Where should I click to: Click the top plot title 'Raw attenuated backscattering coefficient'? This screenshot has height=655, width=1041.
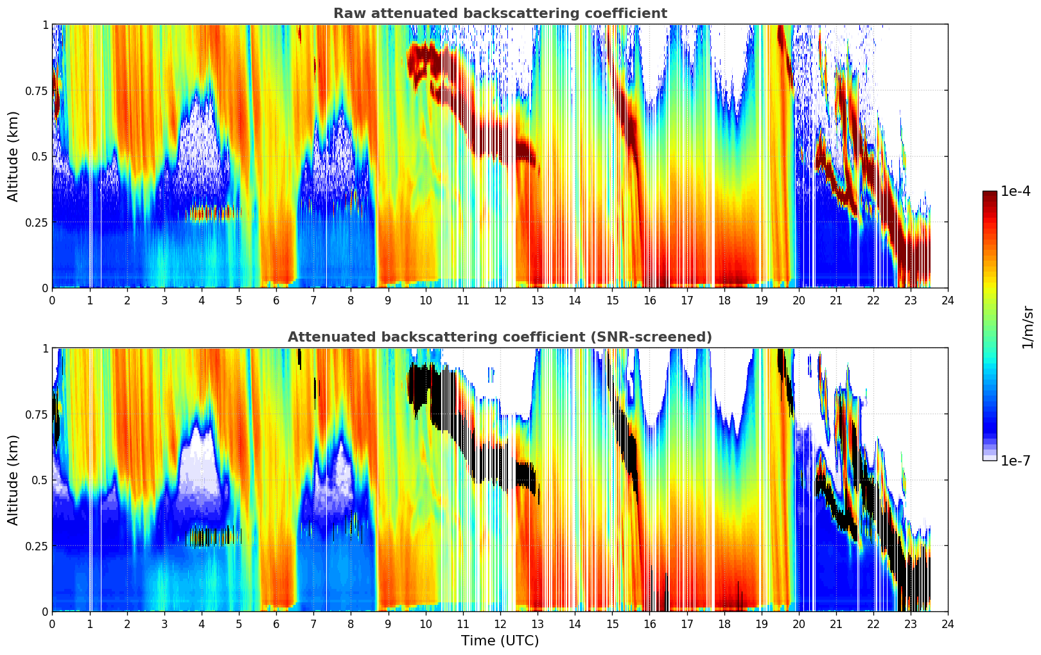pyautogui.click(x=500, y=13)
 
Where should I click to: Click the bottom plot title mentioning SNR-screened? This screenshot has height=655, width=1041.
pyautogui.click(x=500, y=337)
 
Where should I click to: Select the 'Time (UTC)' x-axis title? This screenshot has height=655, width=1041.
pyautogui.click(x=500, y=640)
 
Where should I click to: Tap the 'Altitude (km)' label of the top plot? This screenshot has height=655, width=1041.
pyautogui.click(x=13, y=156)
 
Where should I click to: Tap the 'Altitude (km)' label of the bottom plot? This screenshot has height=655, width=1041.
pyautogui.click(x=13, y=480)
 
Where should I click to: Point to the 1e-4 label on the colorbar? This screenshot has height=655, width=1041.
pyautogui.click(x=1015, y=191)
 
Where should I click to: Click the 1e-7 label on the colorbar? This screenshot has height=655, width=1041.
pyautogui.click(x=1015, y=460)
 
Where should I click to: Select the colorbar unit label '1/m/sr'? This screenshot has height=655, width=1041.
pyautogui.click(x=1027, y=327)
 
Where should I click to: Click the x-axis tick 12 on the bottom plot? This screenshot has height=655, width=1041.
pyautogui.click(x=500, y=624)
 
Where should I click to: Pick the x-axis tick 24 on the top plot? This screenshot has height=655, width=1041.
pyautogui.click(x=947, y=300)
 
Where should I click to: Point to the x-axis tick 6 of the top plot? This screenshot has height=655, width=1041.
pyautogui.click(x=276, y=300)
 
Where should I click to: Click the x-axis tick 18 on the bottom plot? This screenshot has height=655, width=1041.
pyautogui.click(x=724, y=624)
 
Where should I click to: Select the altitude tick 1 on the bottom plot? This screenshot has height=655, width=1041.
pyautogui.click(x=45, y=348)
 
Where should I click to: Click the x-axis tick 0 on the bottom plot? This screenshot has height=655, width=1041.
pyautogui.click(x=52, y=624)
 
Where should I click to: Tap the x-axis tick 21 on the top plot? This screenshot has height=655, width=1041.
pyautogui.click(x=835, y=300)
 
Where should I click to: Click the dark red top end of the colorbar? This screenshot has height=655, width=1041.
pyautogui.click(x=989, y=195)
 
